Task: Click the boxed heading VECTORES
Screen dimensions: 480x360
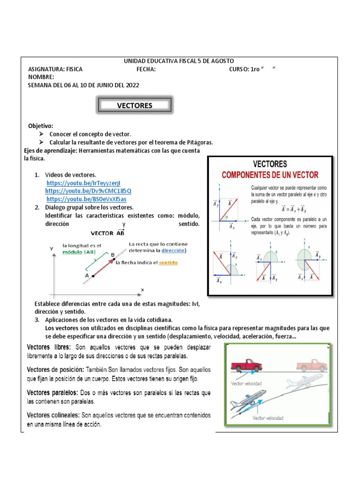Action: coord(135,105)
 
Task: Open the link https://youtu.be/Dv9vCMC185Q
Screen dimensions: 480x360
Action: coord(88,191)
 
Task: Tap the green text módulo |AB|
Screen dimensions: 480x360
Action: coord(81,251)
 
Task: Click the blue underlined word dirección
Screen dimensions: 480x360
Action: coord(173,250)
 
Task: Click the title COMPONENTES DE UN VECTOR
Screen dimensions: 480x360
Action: coord(270,175)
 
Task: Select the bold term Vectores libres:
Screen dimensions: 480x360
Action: coord(49,347)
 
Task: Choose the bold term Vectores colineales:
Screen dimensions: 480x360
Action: coord(53,415)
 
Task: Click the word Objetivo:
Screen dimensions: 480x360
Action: coord(41,126)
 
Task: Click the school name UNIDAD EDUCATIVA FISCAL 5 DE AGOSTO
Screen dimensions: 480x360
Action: coord(178,61)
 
